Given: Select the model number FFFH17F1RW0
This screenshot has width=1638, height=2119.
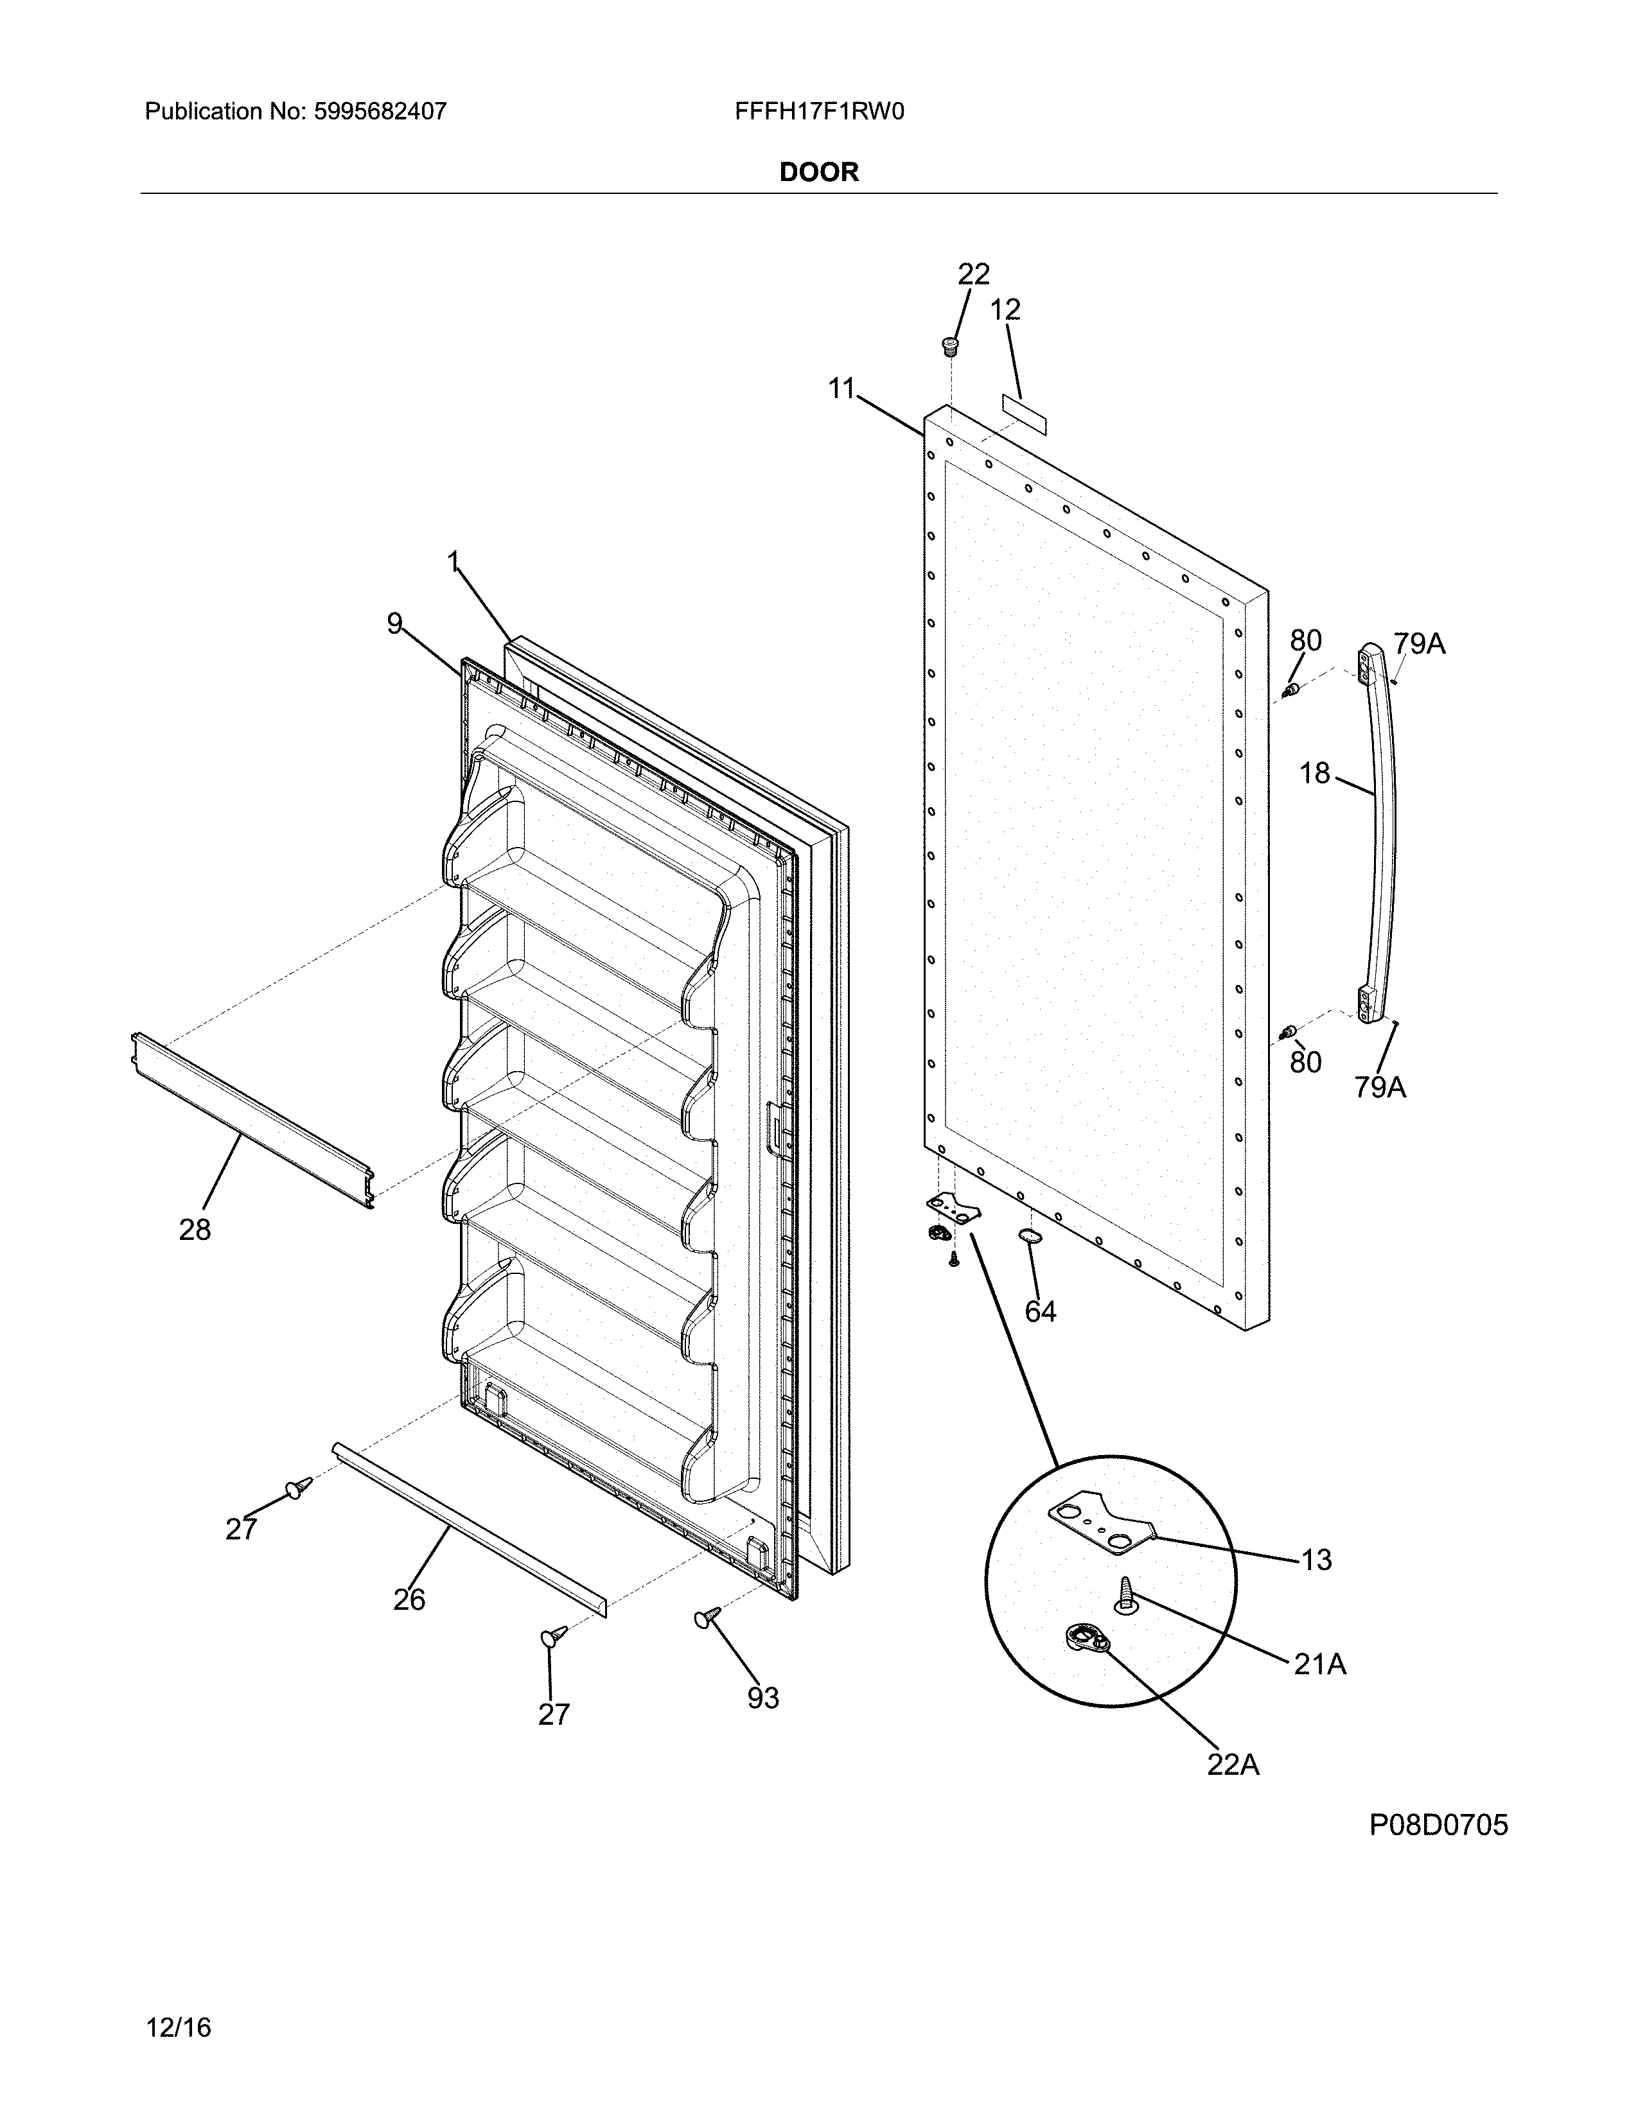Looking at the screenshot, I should click(x=819, y=112).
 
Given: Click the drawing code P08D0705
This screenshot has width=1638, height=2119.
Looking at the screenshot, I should click(x=1438, y=1826).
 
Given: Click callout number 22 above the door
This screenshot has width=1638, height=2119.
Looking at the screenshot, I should click(x=973, y=275).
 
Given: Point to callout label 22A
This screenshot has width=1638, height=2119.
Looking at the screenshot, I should click(x=1233, y=1765).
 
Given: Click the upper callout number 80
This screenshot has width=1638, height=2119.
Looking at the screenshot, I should click(x=1305, y=640).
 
